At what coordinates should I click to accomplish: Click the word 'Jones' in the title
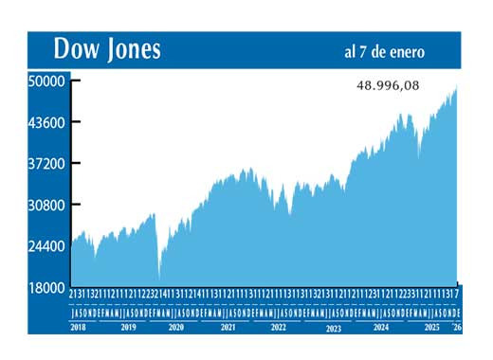[130, 48]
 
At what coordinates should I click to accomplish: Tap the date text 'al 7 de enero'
[384, 50]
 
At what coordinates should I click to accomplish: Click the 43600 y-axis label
[46, 122]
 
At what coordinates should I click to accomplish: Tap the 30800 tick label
[46, 205]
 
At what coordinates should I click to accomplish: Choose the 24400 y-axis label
[46, 245]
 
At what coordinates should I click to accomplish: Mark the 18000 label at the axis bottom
[46, 287]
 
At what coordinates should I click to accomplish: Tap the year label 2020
[176, 327]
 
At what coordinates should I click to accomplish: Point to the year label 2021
[228, 327]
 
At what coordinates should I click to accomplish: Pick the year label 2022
[279, 327]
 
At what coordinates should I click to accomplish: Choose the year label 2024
[380, 327]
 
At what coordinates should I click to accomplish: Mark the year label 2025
[430, 327]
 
